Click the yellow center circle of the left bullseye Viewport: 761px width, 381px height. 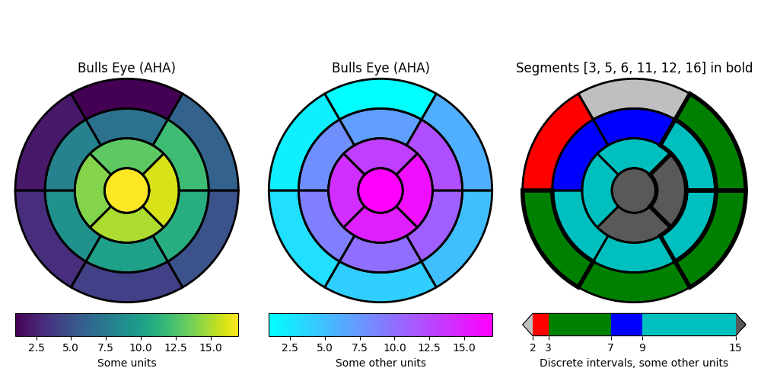[126, 190]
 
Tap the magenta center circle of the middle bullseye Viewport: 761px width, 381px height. [380, 190]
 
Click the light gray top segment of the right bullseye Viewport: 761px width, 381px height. [634, 94]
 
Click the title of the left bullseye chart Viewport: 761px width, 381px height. [126, 69]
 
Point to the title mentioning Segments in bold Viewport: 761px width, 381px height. [634, 69]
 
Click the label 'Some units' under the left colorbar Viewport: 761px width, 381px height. [126, 363]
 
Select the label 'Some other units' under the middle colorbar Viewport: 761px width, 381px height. [380, 363]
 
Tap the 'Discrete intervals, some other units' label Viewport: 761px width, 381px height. [634, 363]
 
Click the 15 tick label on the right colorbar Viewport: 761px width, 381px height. [736, 348]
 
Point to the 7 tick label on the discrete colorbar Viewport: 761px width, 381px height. [611, 348]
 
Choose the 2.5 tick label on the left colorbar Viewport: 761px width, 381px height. [36, 348]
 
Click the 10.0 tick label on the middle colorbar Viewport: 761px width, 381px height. [394, 348]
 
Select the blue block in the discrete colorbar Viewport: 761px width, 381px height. [626, 325]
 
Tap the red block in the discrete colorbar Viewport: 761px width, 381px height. [540, 325]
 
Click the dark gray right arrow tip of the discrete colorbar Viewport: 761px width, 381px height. [740, 325]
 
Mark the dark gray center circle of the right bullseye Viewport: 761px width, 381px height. [634, 190]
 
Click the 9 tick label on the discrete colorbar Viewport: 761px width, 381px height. [642, 348]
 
